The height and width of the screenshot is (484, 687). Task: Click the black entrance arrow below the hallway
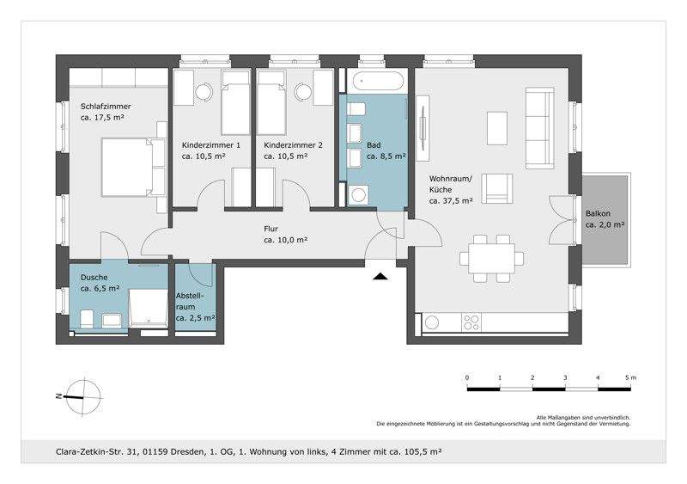381,277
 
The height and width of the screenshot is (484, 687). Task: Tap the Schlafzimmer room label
106,107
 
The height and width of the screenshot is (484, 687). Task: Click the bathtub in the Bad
377,82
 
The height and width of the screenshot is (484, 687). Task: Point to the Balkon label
598,214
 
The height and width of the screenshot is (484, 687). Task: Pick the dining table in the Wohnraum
491,259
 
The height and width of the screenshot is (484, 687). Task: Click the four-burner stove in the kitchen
471,322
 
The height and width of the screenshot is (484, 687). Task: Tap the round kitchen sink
432,322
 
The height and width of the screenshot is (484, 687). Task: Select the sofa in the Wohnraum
540,128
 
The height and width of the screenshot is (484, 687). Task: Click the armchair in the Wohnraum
497,188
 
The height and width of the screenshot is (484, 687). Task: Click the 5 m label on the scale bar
631,377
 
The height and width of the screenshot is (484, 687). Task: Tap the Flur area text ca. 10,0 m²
286,240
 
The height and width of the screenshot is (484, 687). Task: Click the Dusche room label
94,278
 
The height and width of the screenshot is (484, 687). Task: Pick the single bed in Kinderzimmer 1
235,102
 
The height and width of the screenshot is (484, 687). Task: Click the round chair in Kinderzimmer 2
304,92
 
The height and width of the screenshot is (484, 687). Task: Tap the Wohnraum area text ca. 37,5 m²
451,201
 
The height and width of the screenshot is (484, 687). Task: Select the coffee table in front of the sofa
497,128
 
